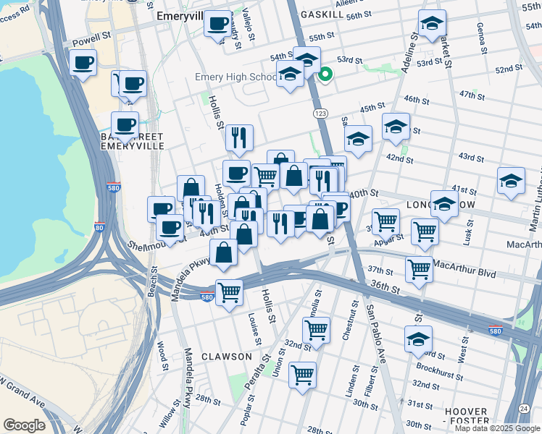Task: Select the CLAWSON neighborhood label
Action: [227, 357]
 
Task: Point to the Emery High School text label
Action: [235, 76]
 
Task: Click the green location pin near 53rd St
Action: [326, 73]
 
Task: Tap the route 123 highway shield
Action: [320, 114]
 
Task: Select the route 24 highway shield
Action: [523, 408]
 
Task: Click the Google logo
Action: [24, 425]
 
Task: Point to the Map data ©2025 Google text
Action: [496, 428]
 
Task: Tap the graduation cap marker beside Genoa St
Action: [432, 26]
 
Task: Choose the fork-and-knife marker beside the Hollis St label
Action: [238, 137]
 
